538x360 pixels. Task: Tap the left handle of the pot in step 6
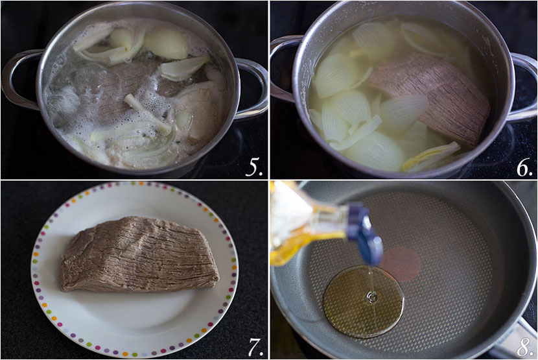(x=283, y=68)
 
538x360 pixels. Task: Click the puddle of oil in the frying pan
(x=363, y=302)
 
